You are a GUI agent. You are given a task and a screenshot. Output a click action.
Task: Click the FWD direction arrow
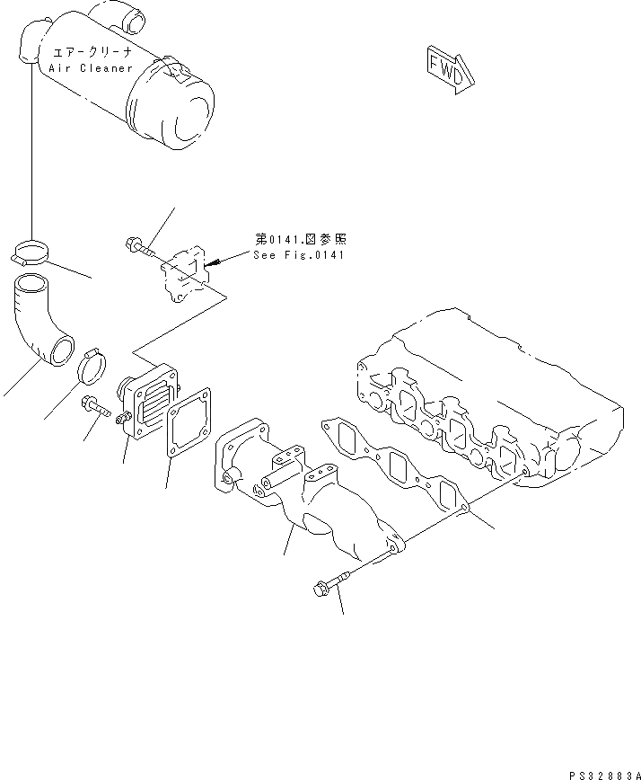click(x=445, y=70)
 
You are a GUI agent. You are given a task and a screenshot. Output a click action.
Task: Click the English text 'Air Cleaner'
click(x=87, y=68)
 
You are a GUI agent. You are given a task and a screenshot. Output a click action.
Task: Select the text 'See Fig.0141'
click(x=299, y=255)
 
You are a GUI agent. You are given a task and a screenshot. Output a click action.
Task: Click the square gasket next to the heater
click(x=190, y=424)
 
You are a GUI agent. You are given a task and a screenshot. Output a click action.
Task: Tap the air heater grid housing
click(x=149, y=405)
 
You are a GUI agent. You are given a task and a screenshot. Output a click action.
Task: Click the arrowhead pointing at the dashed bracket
click(x=214, y=263)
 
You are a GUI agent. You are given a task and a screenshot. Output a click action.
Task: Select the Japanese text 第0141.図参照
click(x=299, y=239)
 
